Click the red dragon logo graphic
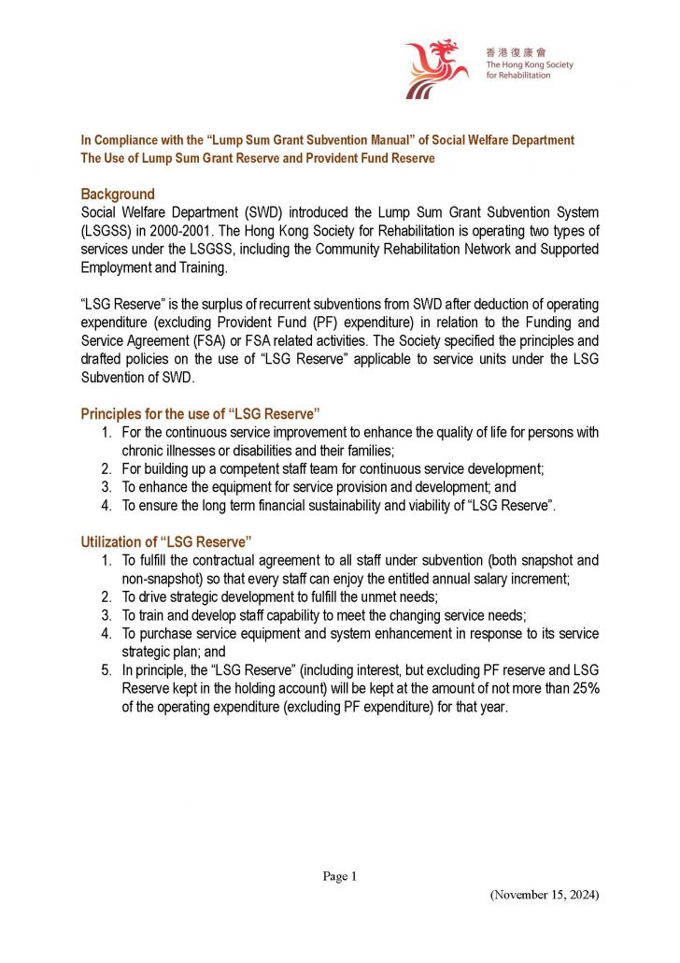435,68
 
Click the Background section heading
117,194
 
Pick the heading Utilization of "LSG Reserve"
166,542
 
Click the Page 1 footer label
339,876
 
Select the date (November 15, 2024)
544,895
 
